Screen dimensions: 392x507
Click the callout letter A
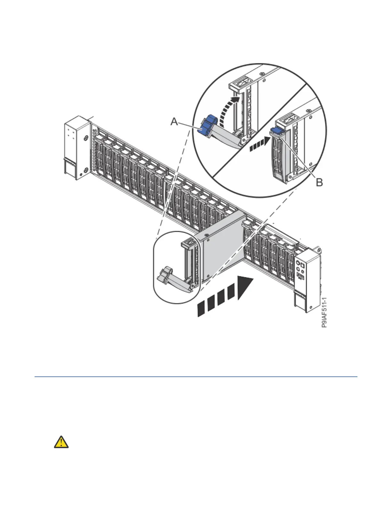[174, 122]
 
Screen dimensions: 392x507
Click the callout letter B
[319, 182]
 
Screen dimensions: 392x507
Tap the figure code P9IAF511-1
[324, 312]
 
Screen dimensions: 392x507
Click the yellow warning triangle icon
[61, 442]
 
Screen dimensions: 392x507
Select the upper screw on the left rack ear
[86, 138]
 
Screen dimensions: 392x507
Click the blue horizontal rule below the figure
[196, 377]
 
